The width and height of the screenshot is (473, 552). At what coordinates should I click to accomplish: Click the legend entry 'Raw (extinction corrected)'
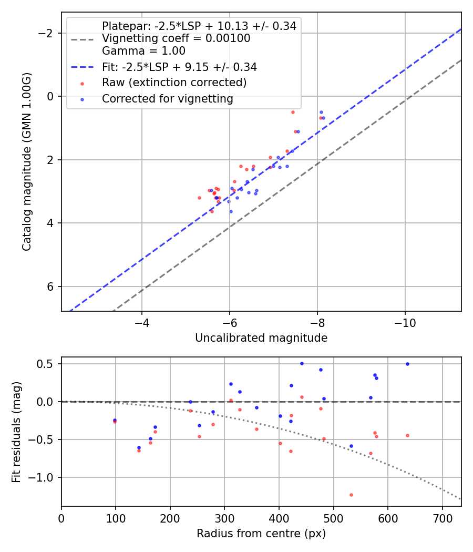point(174,83)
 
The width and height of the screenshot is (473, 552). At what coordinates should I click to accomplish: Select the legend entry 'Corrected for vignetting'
point(167,99)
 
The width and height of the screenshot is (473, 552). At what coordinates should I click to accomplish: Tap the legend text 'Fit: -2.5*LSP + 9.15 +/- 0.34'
point(179,67)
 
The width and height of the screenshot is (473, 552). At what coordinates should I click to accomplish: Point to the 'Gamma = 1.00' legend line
point(143,51)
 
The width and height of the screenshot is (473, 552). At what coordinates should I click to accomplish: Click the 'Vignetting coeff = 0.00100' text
point(176,38)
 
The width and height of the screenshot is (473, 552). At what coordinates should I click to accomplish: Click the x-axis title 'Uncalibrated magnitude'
point(261,338)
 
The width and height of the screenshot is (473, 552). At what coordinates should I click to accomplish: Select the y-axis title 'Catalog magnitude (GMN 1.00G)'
point(27,161)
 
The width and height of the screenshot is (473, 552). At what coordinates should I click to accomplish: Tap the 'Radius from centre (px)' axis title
point(261,534)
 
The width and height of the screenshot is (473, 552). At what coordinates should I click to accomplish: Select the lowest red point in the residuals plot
point(351,495)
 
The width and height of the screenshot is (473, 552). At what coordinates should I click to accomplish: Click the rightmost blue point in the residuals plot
point(407,364)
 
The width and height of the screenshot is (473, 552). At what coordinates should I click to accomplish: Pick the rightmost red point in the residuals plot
point(407,435)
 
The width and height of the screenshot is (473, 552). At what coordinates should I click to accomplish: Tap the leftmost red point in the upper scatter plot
point(199,198)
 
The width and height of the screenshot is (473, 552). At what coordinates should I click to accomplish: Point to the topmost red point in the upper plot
point(293,112)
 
